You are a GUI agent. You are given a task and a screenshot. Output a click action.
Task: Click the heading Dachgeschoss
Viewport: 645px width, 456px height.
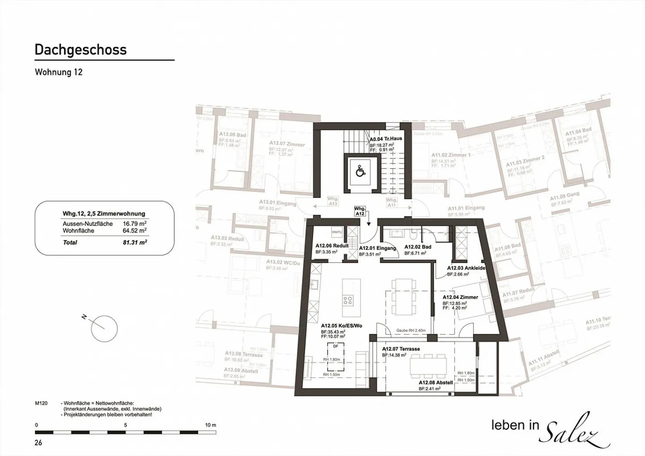81,50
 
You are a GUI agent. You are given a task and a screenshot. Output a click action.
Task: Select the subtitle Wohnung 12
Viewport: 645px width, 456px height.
59,72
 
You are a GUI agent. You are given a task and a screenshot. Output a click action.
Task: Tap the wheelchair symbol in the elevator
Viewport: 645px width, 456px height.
360,171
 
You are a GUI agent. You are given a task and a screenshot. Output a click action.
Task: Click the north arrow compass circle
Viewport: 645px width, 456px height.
104,328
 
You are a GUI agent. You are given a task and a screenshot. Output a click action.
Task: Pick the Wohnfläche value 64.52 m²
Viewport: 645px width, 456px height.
135,231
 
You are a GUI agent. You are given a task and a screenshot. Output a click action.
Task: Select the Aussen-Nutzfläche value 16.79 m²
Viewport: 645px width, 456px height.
135,224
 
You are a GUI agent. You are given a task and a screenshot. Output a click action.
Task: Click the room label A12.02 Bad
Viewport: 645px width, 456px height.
417,247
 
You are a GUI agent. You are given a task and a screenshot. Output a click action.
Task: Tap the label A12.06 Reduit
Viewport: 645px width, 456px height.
331,246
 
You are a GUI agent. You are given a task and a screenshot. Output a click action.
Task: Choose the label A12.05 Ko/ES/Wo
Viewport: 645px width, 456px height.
341,326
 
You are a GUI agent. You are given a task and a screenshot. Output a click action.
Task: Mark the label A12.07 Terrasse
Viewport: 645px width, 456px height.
400,348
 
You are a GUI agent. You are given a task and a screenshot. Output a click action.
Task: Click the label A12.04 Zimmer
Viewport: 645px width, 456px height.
460,297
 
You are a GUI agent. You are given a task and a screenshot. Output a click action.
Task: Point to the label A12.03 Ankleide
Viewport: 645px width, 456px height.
466,268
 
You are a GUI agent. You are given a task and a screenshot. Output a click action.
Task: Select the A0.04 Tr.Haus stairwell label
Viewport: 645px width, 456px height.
386,139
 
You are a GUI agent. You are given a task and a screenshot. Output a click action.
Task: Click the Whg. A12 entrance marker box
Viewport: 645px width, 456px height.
360,211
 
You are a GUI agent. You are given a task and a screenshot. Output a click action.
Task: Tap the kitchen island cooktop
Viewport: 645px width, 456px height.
348,300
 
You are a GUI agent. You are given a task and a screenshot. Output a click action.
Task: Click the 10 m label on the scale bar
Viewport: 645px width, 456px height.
210,425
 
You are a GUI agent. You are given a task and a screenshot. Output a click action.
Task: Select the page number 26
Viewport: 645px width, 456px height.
39,443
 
